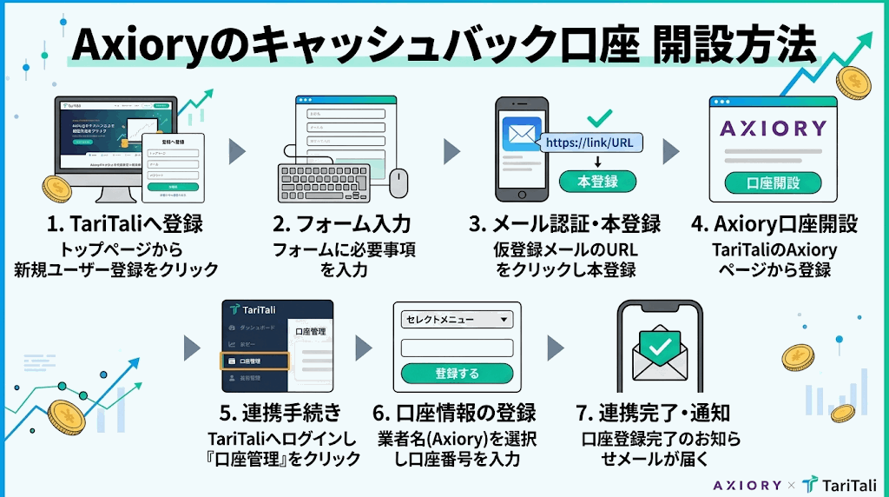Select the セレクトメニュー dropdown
pos(457,320)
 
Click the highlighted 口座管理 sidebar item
pos(254,361)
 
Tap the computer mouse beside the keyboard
pos(398,182)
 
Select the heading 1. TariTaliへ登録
pos(126,224)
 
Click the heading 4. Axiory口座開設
pos(774,224)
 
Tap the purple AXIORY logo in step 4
pos(773,129)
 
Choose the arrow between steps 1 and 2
pos(237,152)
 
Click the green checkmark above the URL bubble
pos(599,116)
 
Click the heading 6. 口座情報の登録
pos(453,413)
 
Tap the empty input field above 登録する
pos(457,348)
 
